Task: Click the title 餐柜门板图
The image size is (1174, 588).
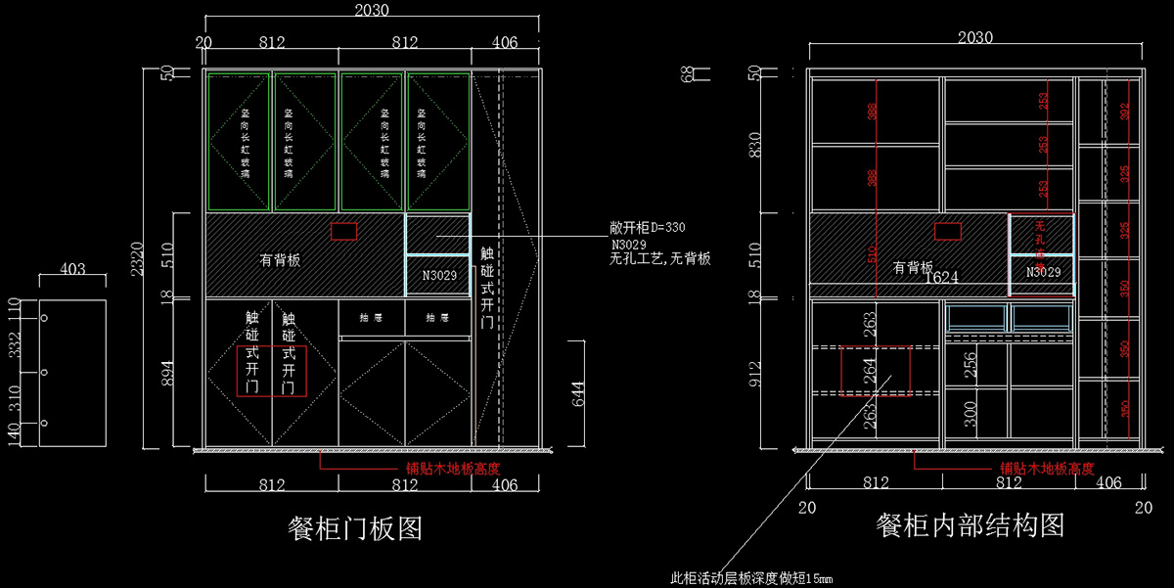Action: click(355, 528)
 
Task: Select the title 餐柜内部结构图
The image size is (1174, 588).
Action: click(971, 524)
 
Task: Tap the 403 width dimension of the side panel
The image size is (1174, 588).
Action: click(71, 268)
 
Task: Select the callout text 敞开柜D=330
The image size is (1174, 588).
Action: click(648, 227)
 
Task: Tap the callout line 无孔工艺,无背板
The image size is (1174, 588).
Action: click(659, 259)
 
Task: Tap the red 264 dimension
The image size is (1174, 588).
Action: click(871, 369)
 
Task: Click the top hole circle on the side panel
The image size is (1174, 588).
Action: click(44, 318)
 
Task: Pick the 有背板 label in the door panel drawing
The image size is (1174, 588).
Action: click(280, 260)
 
